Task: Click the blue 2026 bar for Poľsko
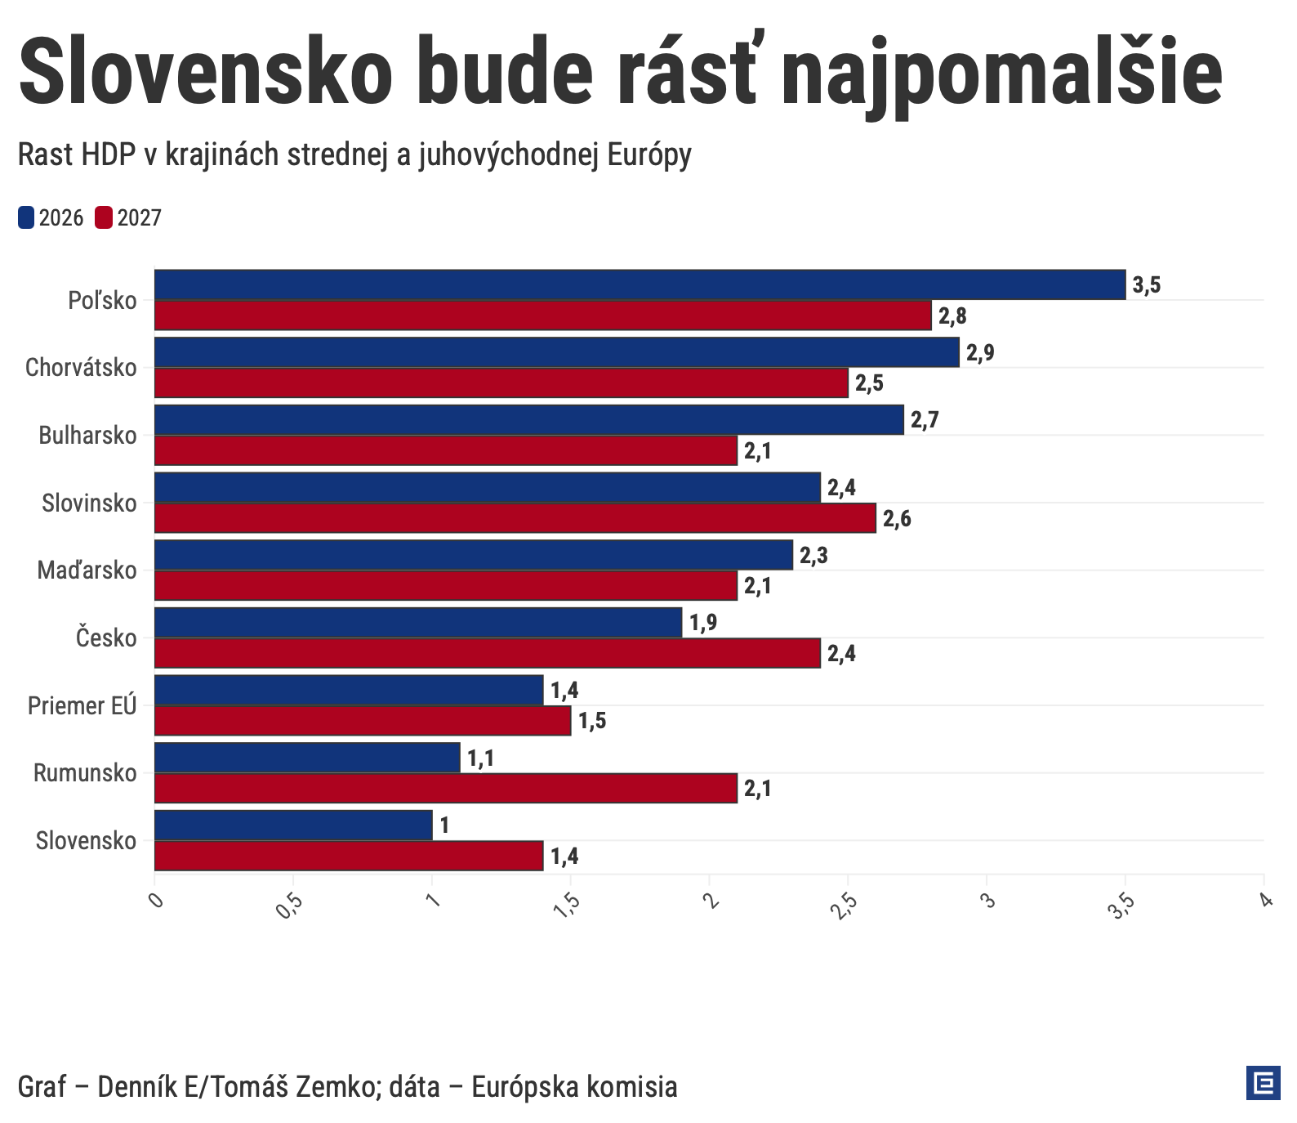click(640, 284)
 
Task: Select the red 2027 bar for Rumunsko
click(445, 789)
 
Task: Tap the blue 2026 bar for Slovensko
click(293, 825)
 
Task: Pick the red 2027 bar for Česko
click(487, 653)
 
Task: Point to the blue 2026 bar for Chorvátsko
click(556, 352)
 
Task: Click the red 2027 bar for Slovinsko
click(515, 518)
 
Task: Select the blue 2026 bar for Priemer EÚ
click(349, 690)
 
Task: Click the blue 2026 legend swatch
click(26, 218)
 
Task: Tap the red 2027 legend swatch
click(104, 218)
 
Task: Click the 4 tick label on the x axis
click(1265, 900)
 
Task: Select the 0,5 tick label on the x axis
click(290, 905)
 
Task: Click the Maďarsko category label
click(87, 570)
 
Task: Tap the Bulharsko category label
click(87, 436)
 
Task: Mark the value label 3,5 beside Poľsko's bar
click(1146, 285)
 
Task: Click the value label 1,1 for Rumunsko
click(480, 758)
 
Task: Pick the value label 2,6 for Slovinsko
click(897, 519)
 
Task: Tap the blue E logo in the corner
click(1263, 1084)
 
